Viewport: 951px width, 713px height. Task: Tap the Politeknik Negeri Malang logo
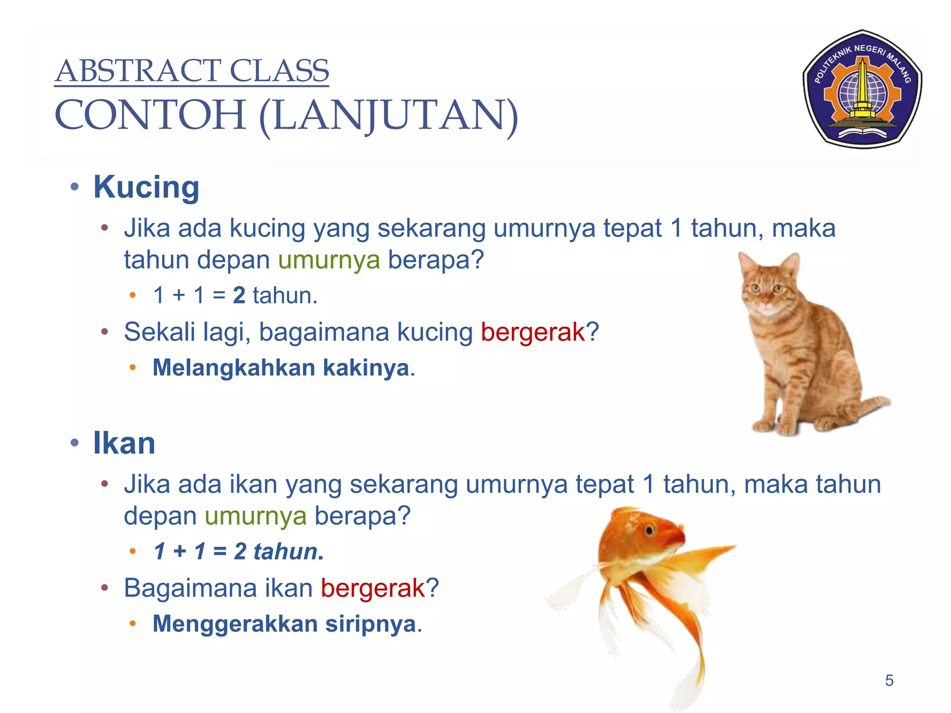862,89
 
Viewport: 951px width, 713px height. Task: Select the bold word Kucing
146,187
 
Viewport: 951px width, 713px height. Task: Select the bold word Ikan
124,443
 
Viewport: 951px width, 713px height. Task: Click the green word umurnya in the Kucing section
329,259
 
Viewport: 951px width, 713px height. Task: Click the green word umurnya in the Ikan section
255,516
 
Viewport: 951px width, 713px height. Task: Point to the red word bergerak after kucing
533,332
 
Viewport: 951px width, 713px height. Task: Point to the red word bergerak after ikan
373,588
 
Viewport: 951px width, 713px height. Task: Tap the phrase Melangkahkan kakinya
281,368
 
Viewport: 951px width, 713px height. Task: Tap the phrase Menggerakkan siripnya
284,624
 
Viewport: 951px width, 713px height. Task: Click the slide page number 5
889,681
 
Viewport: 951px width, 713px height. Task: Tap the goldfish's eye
649,530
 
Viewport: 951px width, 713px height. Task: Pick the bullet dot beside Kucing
74,188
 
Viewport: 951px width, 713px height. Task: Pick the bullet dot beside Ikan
74,443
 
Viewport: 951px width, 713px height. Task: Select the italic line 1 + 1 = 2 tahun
238,552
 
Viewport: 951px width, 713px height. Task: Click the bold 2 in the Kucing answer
239,296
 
